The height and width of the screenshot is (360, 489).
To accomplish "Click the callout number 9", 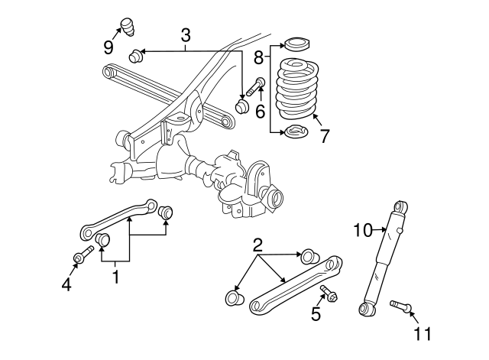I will click(108, 47).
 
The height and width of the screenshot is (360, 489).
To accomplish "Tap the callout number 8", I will click(260, 56).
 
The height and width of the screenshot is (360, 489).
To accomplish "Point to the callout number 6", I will click(260, 111).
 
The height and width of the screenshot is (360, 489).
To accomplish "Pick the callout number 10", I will click(362, 229).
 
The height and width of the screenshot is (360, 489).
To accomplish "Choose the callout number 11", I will click(423, 333).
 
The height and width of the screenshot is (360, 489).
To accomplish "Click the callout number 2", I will click(257, 245).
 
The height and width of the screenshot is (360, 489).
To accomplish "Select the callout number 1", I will click(116, 277).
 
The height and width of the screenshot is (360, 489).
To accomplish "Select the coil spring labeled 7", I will click(296, 92).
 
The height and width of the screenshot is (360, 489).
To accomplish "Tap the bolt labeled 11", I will click(400, 306).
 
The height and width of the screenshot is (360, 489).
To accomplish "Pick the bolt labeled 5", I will click(329, 292).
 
